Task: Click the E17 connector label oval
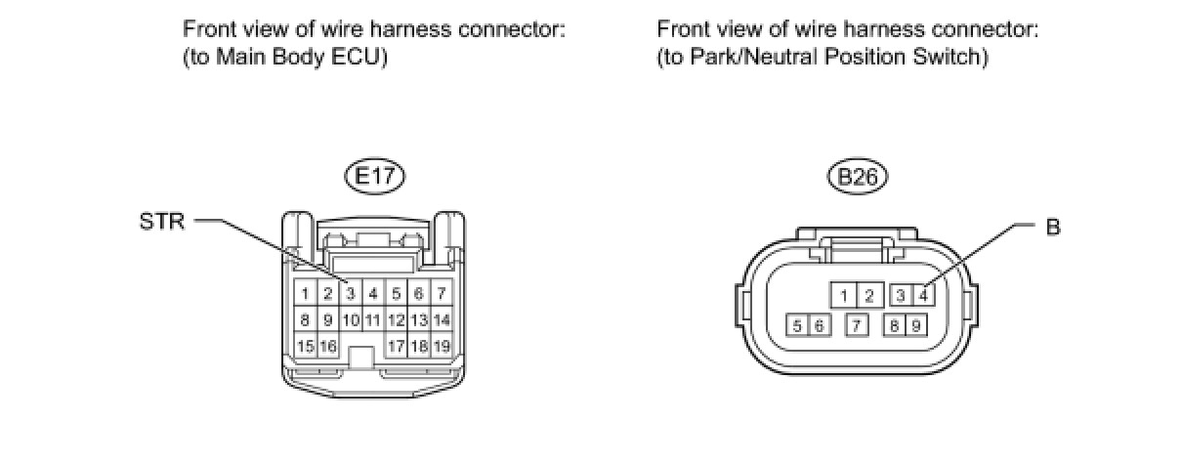[x=373, y=177]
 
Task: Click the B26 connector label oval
[x=856, y=177]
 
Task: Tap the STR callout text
[x=161, y=222]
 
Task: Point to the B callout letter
[x=1052, y=228]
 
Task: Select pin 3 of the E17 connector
[x=349, y=293]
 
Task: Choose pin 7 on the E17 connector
[x=442, y=293]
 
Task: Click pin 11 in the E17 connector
[x=372, y=319]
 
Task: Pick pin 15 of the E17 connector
[x=303, y=346]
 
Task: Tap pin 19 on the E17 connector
[x=442, y=346]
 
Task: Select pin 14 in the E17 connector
[x=442, y=319]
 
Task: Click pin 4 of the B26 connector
[x=922, y=295]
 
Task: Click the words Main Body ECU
[x=300, y=58]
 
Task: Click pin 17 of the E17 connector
[x=397, y=346]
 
